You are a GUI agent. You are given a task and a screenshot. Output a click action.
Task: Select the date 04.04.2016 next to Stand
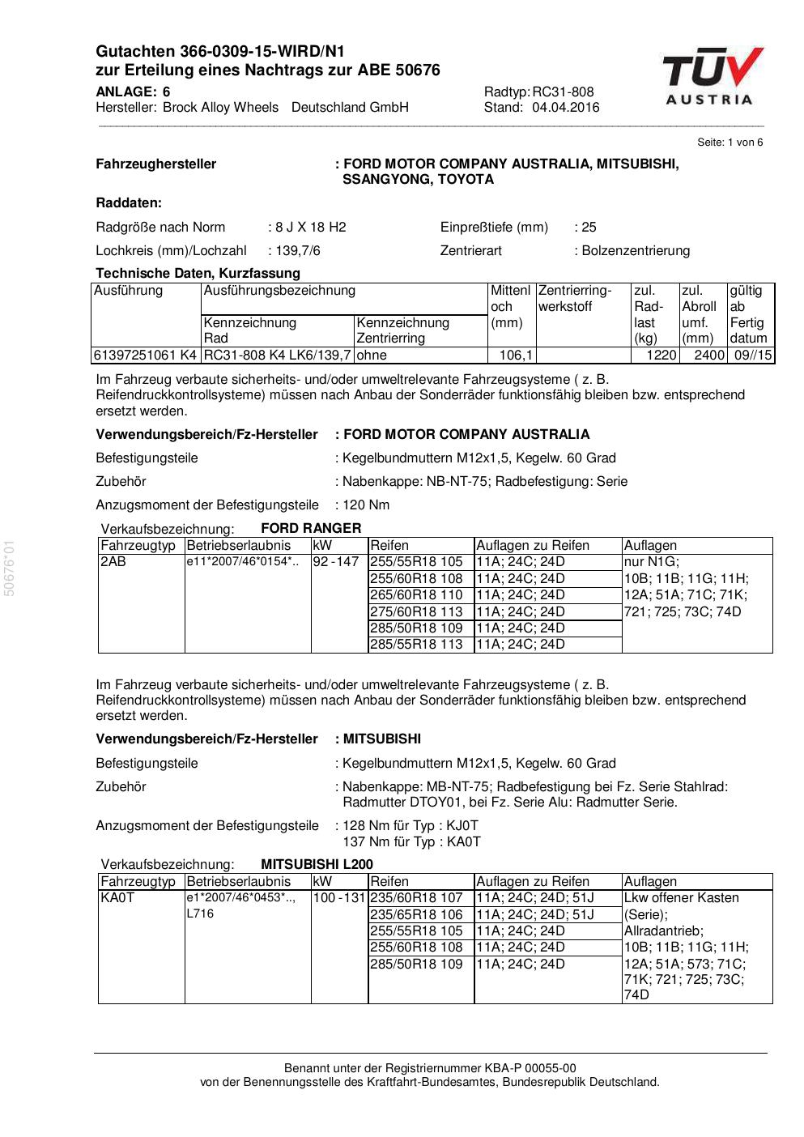566,108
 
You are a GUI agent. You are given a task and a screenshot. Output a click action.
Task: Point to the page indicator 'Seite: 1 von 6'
730,143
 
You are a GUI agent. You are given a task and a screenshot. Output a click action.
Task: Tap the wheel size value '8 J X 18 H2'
311,228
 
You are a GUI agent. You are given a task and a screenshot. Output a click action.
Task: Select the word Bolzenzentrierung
636,251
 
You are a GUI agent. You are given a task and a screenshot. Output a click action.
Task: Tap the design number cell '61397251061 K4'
145,356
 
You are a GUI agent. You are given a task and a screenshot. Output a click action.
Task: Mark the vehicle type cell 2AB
113,562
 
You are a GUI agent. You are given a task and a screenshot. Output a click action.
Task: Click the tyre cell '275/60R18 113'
416,612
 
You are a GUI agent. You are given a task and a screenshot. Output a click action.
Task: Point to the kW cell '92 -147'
335,562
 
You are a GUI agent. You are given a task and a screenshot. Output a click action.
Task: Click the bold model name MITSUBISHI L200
317,865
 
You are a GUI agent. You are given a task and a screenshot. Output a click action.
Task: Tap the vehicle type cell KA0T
117,898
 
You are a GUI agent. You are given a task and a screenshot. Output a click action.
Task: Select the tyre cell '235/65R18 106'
416,915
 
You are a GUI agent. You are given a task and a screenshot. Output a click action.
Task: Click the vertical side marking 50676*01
10,568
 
